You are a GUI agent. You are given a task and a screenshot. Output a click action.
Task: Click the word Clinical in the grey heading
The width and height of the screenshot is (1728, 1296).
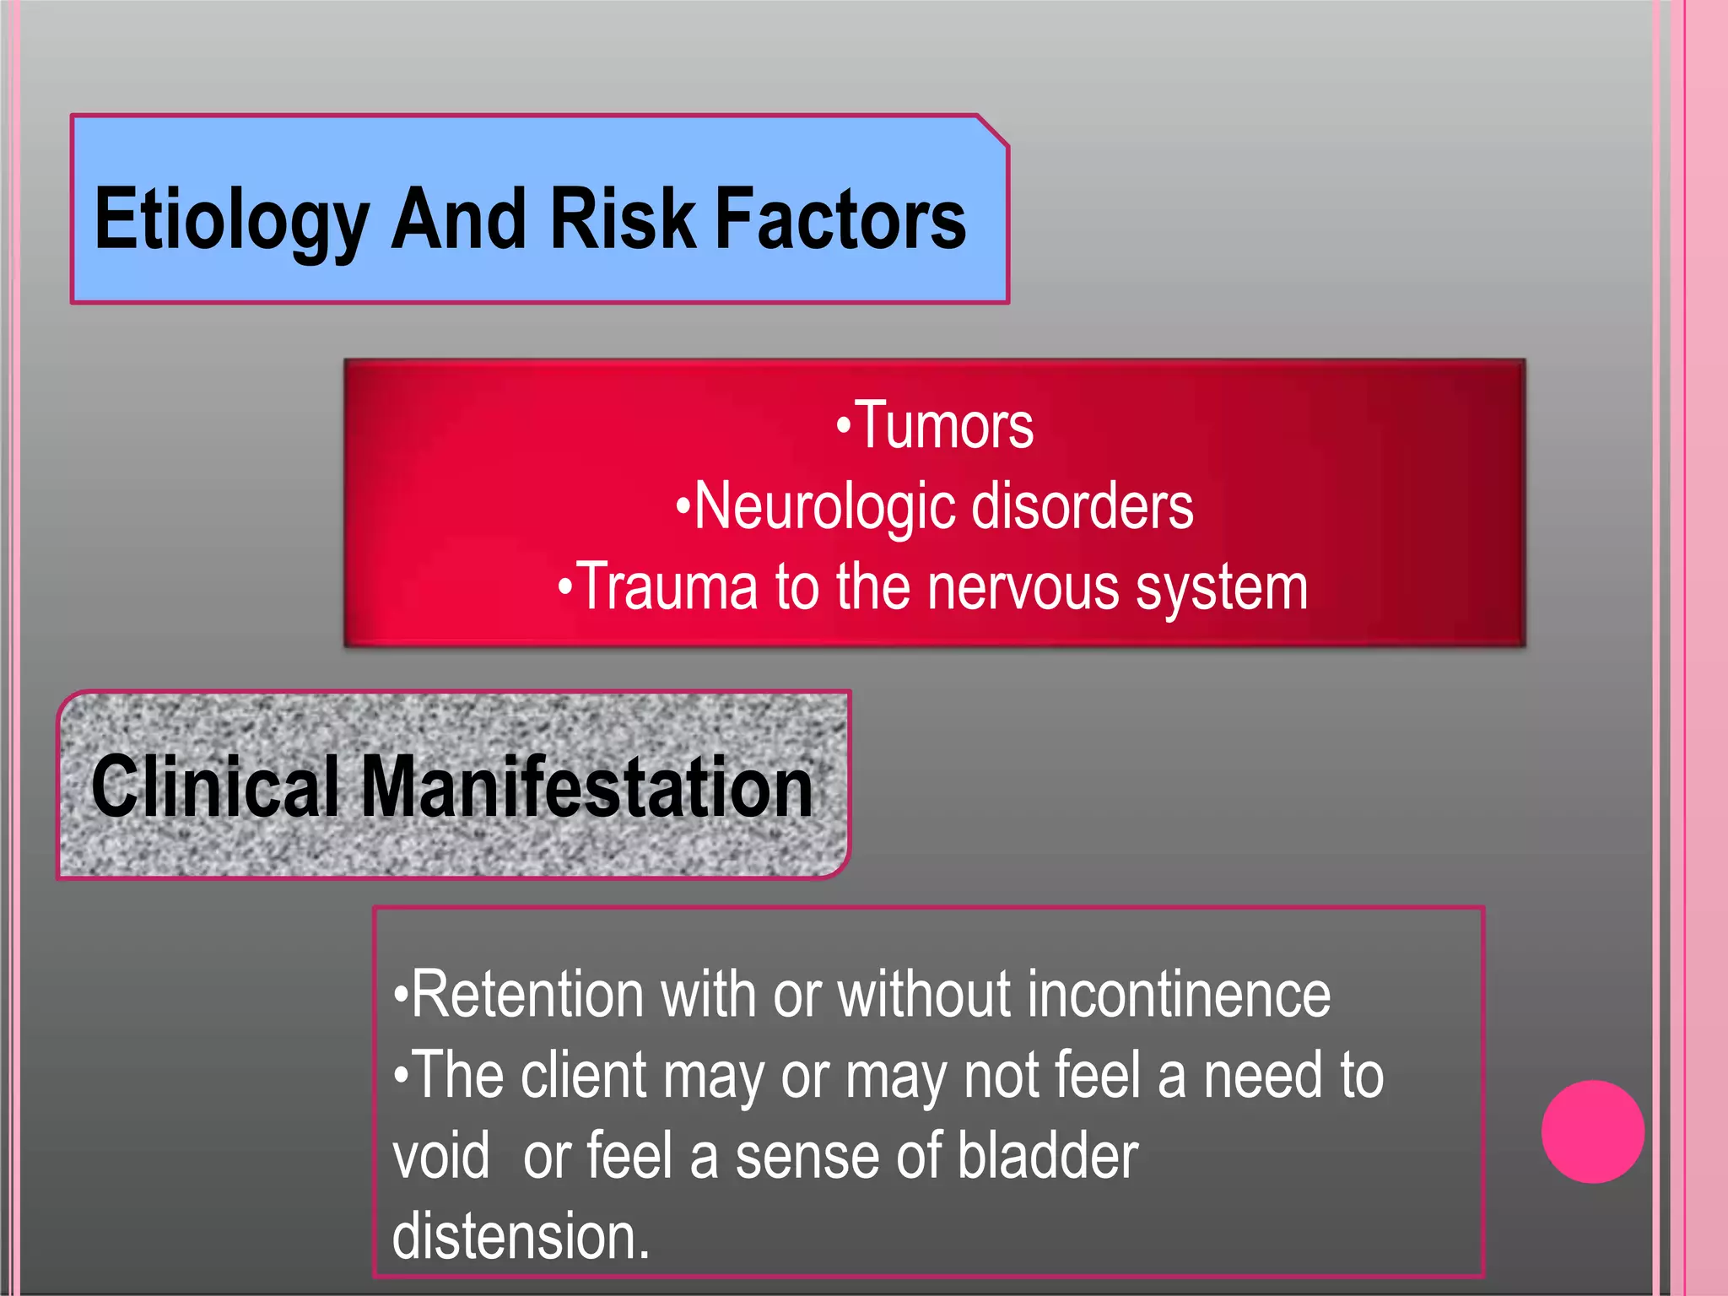pyautogui.click(x=215, y=786)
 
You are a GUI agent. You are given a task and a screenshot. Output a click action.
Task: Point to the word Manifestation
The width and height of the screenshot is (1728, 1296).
pyautogui.click(x=586, y=786)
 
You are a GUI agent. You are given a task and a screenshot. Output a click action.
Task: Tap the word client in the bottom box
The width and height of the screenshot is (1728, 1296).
pyautogui.click(x=583, y=1075)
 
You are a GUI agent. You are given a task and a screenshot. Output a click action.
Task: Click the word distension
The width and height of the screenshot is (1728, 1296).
pyautogui.click(x=520, y=1236)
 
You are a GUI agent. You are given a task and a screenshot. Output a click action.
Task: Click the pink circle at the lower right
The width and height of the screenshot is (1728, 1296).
pyautogui.click(x=1592, y=1131)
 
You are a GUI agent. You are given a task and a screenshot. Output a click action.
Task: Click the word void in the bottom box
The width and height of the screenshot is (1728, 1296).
pyautogui.click(x=440, y=1156)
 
